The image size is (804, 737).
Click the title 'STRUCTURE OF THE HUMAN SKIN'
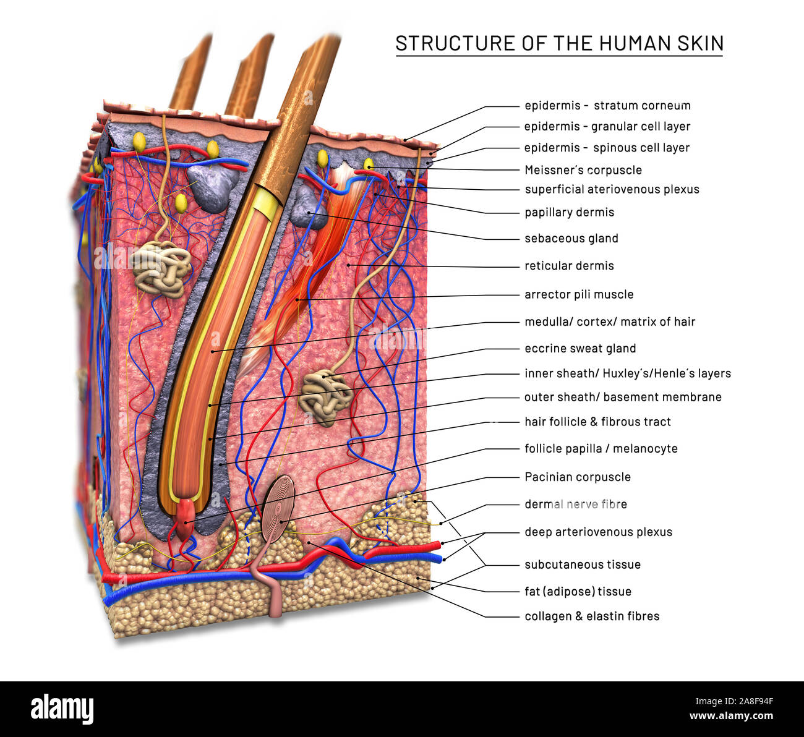pos(559,43)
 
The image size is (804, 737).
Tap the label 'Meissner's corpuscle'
pos(583,170)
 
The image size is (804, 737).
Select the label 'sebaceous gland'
pos(571,238)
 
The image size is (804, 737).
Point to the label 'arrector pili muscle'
pos(578,294)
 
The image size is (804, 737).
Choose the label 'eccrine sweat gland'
pos(579,348)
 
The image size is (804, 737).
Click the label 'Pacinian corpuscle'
pos(577,477)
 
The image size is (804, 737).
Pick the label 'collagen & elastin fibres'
pos(591,616)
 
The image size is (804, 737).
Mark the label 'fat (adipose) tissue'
pos(578,591)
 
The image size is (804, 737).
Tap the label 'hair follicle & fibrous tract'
pos(597,422)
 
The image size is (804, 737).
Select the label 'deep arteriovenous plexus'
pos(597,532)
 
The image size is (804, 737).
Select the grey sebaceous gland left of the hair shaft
pos(213,183)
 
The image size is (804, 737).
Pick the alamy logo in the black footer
pos(62,709)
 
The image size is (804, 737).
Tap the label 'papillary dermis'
pos(569,212)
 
